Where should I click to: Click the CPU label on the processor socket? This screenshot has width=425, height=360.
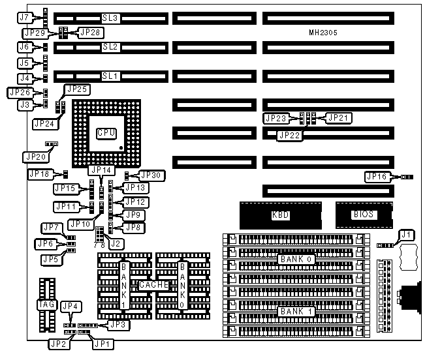[106, 133]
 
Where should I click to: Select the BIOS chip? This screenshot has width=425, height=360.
[364, 214]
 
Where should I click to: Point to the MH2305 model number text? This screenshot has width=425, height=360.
[324, 32]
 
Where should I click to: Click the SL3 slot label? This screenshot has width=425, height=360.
[109, 18]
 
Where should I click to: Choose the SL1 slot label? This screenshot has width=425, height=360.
[109, 76]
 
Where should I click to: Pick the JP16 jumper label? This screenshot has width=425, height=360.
[377, 176]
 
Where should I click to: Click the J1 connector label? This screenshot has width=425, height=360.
[406, 235]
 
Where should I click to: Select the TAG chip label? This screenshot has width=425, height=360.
[44, 304]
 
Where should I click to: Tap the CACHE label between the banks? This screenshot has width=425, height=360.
[154, 286]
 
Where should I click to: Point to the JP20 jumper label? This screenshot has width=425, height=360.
[33, 157]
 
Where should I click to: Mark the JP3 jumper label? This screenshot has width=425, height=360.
[116, 324]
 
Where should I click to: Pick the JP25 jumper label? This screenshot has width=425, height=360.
[77, 89]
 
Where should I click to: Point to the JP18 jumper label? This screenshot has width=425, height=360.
[39, 174]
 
